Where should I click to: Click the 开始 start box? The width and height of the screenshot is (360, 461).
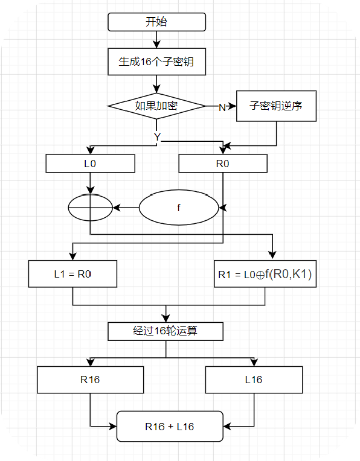point(156,22)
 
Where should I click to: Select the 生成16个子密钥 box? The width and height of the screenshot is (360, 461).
point(156,61)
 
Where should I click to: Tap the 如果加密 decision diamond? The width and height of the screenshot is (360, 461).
point(156,106)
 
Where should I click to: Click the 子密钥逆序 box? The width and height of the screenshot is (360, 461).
point(276,106)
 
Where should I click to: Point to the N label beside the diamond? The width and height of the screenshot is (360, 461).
point(222,107)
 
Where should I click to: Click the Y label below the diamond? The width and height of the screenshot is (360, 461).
point(157,138)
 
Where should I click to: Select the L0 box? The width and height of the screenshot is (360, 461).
point(90,164)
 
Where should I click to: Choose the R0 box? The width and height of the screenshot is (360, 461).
point(223,164)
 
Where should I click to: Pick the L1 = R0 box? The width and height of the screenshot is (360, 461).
point(72,274)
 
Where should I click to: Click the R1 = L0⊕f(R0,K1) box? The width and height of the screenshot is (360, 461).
point(265,275)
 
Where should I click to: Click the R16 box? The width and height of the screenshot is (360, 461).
point(90,380)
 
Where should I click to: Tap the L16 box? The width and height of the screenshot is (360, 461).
point(254,380)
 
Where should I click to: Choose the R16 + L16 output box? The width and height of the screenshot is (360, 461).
point(169,427)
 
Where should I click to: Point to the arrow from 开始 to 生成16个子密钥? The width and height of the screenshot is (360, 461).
point(156,39)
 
